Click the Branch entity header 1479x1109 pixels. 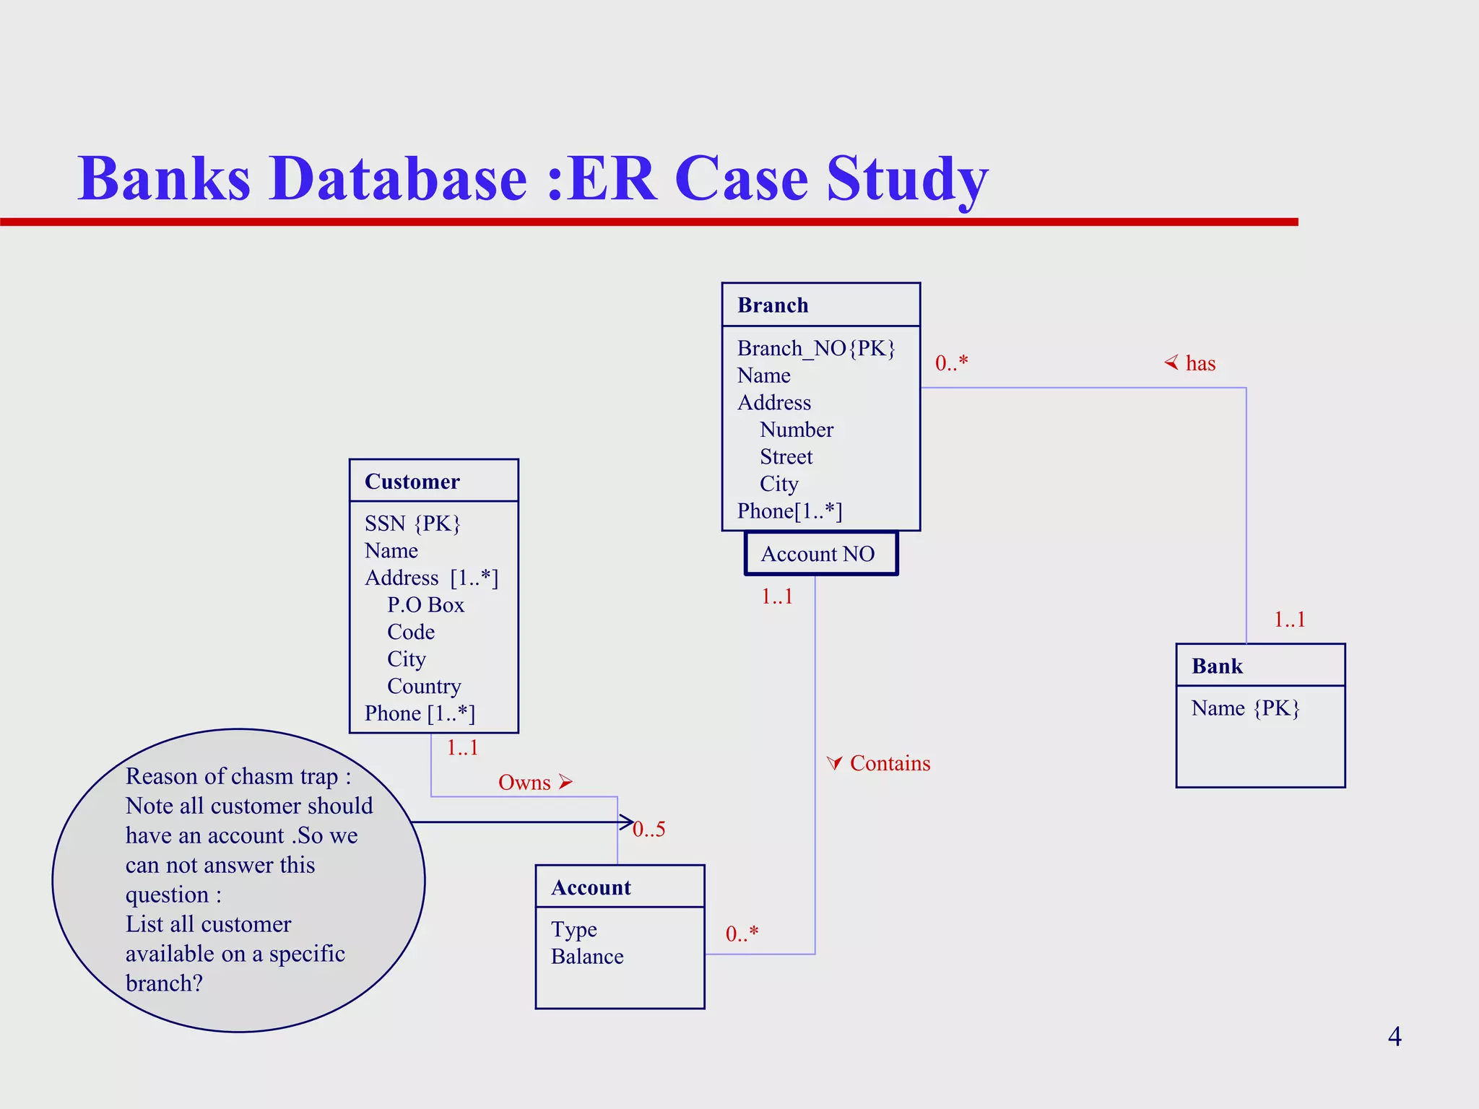(x=773, y=305)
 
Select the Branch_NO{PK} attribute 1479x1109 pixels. (x=816, y=349)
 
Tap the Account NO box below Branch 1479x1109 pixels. (x=820, y=554)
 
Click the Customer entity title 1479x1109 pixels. (x=412, y=482)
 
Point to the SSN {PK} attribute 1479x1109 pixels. (x=412, y=523)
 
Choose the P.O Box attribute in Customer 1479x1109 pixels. (x=425, y=605)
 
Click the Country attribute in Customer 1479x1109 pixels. (x=424, y=687)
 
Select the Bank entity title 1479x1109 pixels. (x=1217, y=666)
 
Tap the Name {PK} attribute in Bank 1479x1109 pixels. (x=1245, y=708)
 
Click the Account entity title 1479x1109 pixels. (x=591, y=887)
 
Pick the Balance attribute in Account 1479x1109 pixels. (x=587, y=957)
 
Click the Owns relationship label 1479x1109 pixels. (x=525, y=783)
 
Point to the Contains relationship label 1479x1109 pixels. (x=890, y=763)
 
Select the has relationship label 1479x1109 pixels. (x=1200, y=363)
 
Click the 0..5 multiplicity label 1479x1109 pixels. (x=649, y=830)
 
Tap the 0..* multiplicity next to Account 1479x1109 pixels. (x=742, y=934)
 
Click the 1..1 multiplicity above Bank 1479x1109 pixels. (x=1289, y=619)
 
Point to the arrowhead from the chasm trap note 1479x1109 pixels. (x=626, y=822)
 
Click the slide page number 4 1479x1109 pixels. (x=1395, y=1037)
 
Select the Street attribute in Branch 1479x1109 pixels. (x=786, y=457)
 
